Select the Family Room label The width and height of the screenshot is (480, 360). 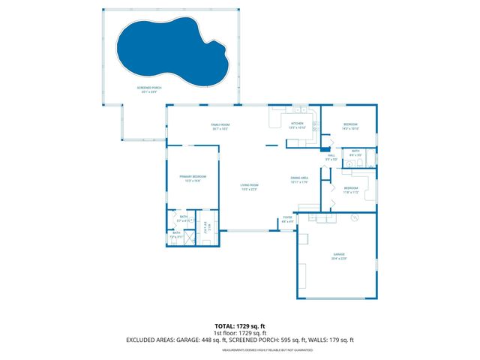tap(219, 125)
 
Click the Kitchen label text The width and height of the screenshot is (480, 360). tap(297, 124)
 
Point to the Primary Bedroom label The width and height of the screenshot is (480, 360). tap(192, 178)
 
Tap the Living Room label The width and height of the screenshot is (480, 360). tap(249, 187)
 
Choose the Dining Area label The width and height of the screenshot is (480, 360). tap(299, 178)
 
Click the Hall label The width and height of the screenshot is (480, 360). tap(331, 157)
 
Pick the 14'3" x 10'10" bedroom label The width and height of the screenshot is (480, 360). tap(350, 125)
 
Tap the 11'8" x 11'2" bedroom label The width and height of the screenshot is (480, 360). tap(350, 190)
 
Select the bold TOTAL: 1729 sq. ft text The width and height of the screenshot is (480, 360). tap(240, 325)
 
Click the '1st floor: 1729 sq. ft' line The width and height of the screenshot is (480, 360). tap(240, 332)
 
